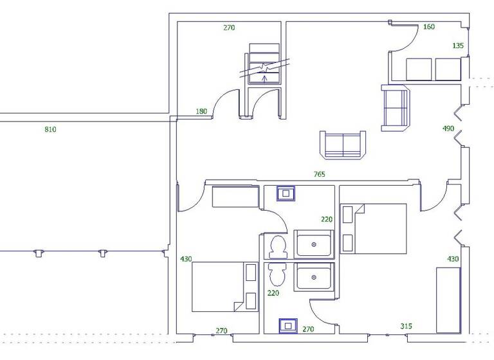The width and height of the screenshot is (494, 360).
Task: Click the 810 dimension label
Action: [50, 130]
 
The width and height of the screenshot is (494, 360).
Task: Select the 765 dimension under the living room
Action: [319, 174]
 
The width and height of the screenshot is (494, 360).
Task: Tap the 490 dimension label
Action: [448, 129]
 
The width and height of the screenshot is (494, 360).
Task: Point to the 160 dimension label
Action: [429, 27]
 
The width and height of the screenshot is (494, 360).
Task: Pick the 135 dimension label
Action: [458, 46]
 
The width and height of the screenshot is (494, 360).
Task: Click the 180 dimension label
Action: [201, 112]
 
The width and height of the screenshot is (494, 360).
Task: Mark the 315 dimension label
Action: [406, 326]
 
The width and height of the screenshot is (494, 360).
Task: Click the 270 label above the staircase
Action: [229, 28]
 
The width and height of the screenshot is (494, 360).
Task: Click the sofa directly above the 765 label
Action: [343, 145]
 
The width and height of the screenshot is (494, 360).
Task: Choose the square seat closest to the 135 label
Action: [448, 69]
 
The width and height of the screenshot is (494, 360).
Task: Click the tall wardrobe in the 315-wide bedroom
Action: [448, 300]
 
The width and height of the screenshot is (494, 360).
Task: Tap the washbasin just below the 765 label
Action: [286, 193]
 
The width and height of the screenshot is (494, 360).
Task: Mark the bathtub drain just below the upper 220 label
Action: [313, 245]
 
